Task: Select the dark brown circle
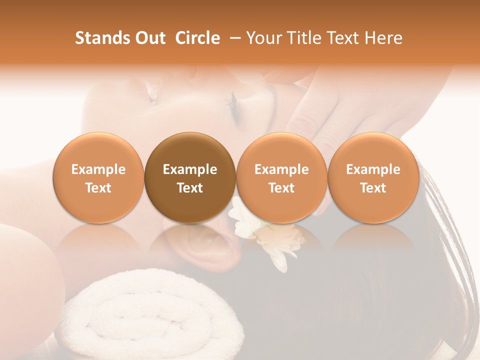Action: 190,177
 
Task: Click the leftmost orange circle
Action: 98,177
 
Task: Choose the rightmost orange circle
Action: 373,177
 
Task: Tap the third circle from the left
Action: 281,177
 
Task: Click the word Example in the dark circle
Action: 190,169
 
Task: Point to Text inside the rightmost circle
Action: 373,188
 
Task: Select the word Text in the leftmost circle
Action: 98,188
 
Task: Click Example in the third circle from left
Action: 281,169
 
